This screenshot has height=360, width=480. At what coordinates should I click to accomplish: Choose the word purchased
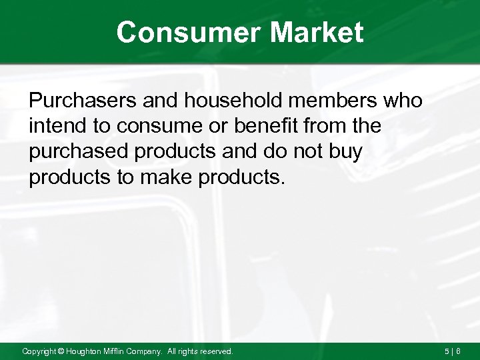(77, 151)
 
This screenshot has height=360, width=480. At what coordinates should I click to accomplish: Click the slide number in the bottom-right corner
(452, 351)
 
